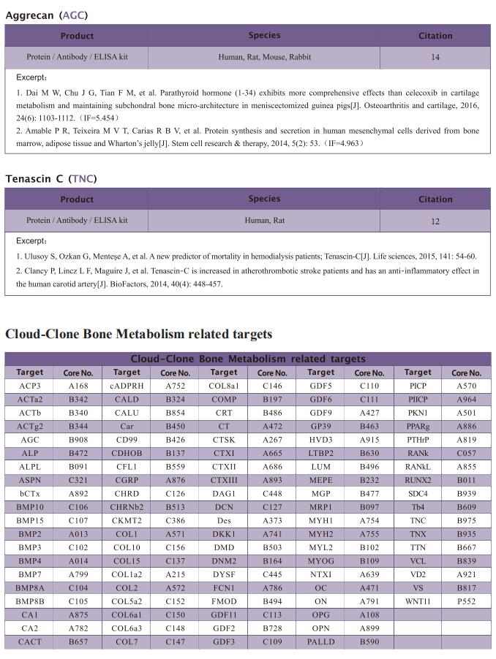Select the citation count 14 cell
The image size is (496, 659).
click(435, 57)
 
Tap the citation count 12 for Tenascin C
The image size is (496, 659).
click(435, 221)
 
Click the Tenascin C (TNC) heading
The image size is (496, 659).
click(50, 178)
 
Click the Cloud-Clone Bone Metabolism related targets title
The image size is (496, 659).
click(138, 334)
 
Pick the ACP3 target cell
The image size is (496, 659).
click(30, 386)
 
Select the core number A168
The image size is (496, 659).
click(78, 386)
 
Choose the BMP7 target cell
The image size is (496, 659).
click(30, 575)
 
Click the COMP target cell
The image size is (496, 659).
click(224, 400)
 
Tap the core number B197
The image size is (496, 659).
click(272, 400)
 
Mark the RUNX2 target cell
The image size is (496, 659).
click(418, 480)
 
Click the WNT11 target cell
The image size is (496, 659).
click(418, 602)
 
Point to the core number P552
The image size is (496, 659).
click(466, 602)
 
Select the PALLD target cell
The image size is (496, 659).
click(321, 642)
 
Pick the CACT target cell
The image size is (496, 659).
click(30, 642)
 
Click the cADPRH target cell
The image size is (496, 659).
click(127, 386)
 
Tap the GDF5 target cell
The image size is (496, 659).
click(321, 386)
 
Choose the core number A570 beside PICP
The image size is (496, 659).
click(466, 386)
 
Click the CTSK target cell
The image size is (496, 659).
click(224, 440)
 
